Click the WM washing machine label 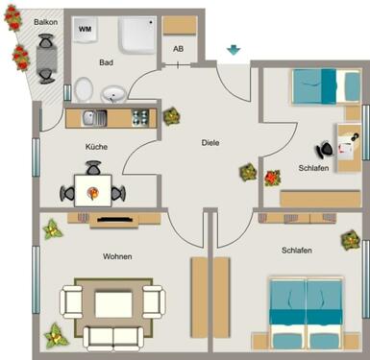click(86, 30)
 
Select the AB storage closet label click(178, 49)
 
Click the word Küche click(96, 147)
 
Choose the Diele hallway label click(210, 142)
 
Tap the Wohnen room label click(117, 256)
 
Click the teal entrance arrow click(234, 50)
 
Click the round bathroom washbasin click(113, 94)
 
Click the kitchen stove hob click(139, 118)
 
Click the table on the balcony click(45, 58)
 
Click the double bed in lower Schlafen click(305, 305)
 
